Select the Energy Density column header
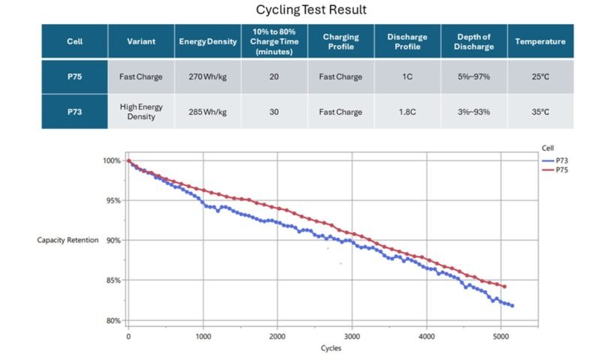click(x=207, y=41)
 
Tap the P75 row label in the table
click(x=74, y=76)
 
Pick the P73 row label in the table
click(x=74, y=112)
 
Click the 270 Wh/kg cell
click(x=207, y=76)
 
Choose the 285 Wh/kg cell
click(x=207, y=112)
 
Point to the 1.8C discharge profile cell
click(x=408, y=112)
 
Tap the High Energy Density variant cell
click(x=141, y=112)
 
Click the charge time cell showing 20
click(x=273, y=76)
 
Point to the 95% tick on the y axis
click(x=111, y=200)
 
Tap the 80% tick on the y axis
click(x=111, y=320)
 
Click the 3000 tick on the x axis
click(x=351, y=337)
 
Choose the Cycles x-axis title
click(x=330, y=349)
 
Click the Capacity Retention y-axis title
click(x=68, y=240)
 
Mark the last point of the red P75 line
click(x=504, y=286)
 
